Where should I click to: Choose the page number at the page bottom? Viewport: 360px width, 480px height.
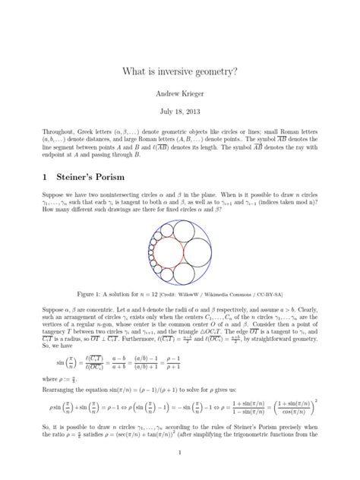point(180,453)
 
